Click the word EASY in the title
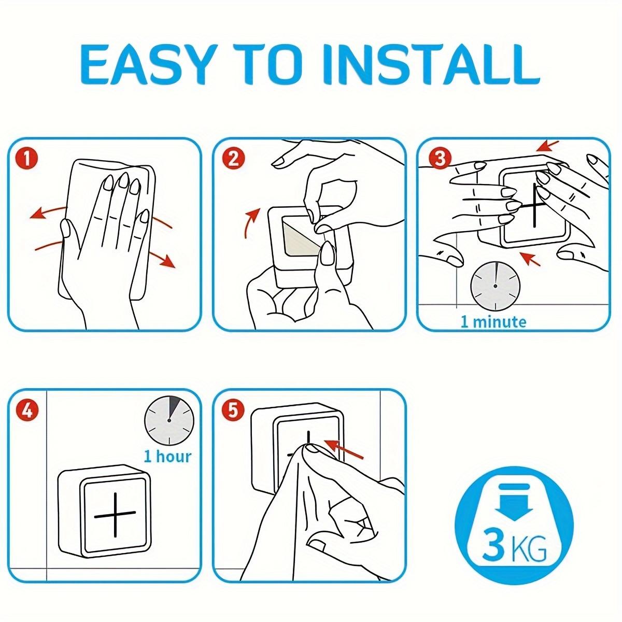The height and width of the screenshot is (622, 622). pyautogui.click(x=147, y=65)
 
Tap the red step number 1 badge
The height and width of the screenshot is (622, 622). pyautogui.click(x=27, y=159)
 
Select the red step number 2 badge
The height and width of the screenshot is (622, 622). pyautogui.click(x=233, y=159)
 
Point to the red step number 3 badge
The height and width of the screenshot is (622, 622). pyautogui.click(x=440, y=158)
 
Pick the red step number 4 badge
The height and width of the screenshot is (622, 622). pyautogui.click(x=27, y=411)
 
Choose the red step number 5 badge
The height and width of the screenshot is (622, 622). pyautogui.click(x=233, y=411)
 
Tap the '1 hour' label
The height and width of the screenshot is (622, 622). pyautogui.click(x=167, y=457)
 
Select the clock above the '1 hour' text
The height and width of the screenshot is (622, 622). pyautogui.click(x=169, y=420)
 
